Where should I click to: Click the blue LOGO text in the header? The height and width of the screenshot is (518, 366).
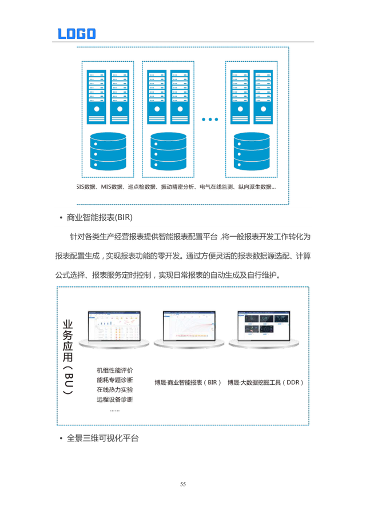click(77, 34)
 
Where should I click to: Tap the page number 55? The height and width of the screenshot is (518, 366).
click(183, 484)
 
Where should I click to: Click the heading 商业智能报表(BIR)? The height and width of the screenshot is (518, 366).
click(100, 218)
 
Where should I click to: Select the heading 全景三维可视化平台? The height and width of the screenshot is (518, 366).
click(103, 439)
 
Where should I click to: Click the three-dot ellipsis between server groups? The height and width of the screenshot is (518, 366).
click(210, 119)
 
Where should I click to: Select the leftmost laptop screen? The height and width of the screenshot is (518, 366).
click(114, 326)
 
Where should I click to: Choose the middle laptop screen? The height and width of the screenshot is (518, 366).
click(189, 326)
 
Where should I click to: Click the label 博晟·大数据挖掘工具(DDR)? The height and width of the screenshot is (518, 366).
click(265, 382)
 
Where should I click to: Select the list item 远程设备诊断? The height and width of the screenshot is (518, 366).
click(115, 399)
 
